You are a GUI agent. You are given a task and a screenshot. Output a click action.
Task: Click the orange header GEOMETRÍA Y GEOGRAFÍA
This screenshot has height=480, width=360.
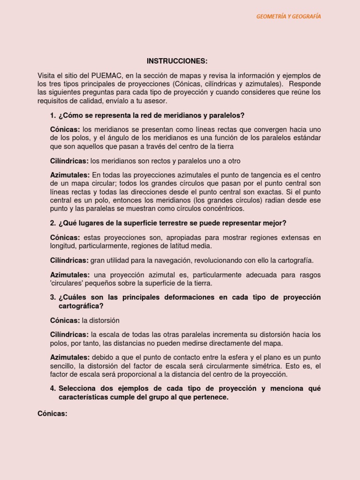[288, 16]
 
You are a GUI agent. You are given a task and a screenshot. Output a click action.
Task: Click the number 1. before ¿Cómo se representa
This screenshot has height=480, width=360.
[52, 115]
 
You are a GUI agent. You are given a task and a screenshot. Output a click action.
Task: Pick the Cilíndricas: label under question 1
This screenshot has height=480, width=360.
[69, 161]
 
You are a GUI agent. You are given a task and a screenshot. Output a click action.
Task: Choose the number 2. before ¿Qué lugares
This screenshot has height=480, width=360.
[52, 223]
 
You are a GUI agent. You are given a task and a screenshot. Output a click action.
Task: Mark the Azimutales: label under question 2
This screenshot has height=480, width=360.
[70, 275]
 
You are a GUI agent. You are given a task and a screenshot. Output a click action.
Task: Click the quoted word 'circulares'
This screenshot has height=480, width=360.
[67, 283]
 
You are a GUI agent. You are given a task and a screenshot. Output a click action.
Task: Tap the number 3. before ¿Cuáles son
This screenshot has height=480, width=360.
[52, 297]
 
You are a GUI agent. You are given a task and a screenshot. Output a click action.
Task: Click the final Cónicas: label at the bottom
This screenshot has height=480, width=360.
[52, 413]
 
